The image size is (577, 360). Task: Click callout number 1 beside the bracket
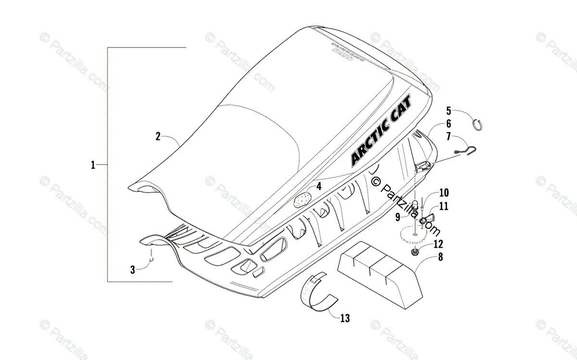[x=93, y=165]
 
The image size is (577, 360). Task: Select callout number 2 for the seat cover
[x=158, y=136]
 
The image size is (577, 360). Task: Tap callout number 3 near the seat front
[x=133, y=270]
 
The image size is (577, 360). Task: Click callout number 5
[x=449, y=110]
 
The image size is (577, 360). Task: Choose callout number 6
[x=449, y=124]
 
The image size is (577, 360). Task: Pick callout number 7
[x=449, y=137]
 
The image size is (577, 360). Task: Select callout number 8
[x=440, y=257]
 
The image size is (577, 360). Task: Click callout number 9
[x=398, y=217]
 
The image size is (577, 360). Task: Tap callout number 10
[x=444, y=193]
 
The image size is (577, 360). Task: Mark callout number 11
[x=444, y=206]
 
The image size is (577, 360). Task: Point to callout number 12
[x=439, y=244]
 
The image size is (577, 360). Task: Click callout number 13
[x=345, y=318]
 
